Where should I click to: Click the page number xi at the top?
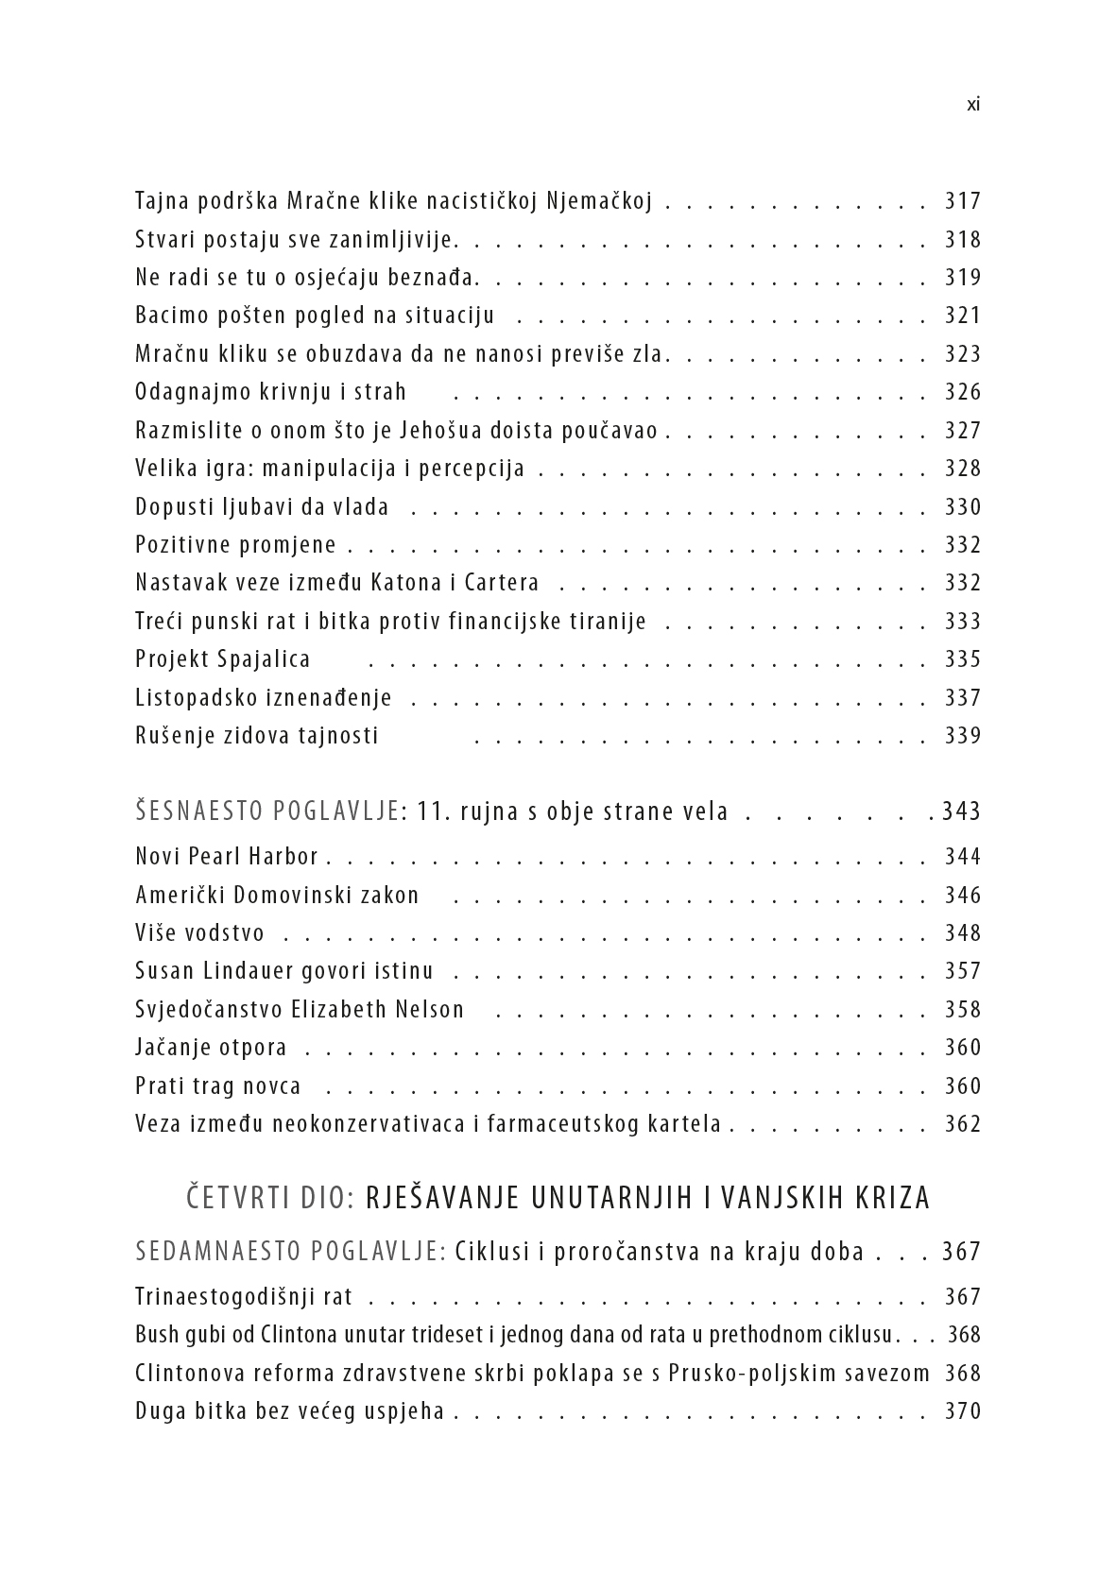point(973,105)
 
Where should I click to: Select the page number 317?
point(963,201)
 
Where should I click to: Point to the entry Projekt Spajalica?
point(223,659)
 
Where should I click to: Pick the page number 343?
point(962,812)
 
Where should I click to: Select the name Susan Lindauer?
point(229,971)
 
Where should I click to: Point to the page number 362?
point(963,1124)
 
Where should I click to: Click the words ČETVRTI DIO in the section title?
point(269,1198)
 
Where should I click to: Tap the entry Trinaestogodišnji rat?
point(244,1297)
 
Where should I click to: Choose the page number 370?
point(963,1411)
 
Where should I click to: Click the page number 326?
point(963,392)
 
